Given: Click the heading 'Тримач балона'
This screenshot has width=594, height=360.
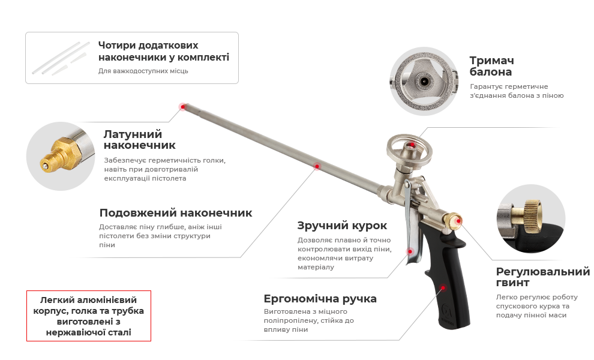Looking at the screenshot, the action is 491,66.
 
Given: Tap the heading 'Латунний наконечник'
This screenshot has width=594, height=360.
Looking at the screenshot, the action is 139,139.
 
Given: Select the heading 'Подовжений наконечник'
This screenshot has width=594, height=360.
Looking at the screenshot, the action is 175,213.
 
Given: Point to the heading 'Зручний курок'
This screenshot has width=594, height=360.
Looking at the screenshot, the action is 342,226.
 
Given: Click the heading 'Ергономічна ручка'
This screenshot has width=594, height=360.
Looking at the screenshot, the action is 320,299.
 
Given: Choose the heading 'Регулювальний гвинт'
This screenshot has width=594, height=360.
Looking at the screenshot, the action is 542,277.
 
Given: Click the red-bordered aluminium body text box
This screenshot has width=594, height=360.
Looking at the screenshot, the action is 89,316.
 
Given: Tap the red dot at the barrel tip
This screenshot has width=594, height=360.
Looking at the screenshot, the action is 183,107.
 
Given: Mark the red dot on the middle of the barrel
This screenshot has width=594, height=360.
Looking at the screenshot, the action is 317,166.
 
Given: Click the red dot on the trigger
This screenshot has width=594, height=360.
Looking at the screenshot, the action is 410,251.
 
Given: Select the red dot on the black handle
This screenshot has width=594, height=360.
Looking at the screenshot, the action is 443,287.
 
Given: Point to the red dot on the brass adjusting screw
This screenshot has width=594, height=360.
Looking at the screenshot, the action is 459,221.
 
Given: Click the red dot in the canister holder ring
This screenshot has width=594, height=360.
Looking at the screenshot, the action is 412,145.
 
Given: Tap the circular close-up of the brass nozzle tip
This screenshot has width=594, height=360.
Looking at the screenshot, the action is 61,156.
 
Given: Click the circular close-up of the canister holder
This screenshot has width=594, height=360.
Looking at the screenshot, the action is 424,82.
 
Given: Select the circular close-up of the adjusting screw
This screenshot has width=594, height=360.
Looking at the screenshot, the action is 531,218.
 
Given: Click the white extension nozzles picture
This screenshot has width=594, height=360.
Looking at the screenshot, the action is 61,58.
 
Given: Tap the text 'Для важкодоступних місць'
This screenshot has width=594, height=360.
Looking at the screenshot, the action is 143,71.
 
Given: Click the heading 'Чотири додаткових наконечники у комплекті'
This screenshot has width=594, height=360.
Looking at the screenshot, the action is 164,51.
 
